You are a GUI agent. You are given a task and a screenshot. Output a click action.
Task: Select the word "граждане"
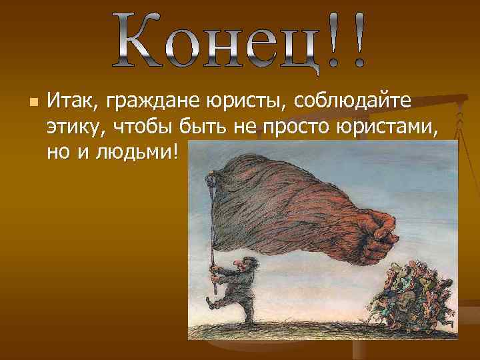coord(138,103)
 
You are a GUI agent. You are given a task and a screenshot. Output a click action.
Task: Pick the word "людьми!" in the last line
coord(141,153)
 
